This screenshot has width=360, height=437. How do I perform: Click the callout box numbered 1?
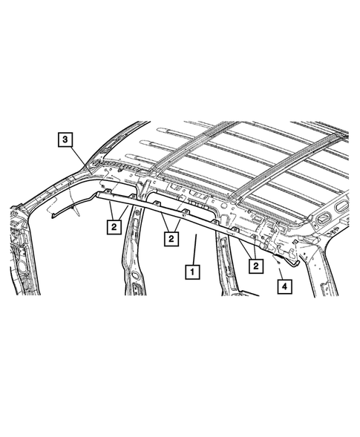pos(192,272)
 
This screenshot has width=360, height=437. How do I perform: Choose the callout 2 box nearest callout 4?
pos(256,264)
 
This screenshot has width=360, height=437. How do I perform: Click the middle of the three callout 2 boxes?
pos(171,238)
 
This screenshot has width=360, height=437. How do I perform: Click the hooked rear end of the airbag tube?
pos(295,259)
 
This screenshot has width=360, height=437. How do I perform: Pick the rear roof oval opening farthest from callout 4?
pos(344,203)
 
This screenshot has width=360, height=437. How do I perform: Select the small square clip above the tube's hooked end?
pos(295,240)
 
